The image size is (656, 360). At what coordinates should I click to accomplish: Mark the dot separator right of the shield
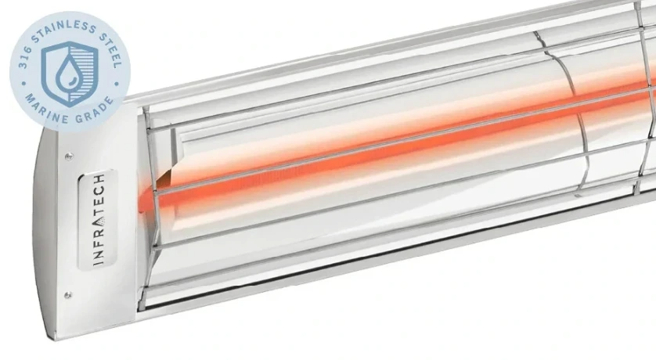click(x=117, y=83)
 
